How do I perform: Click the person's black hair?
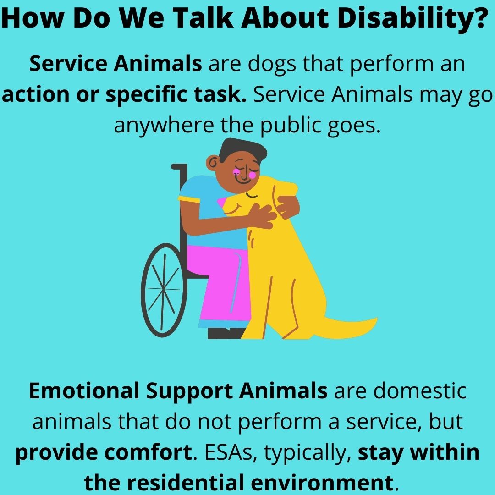(x=243, y=149)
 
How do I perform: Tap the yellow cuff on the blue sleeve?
(x=189, y=199)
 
